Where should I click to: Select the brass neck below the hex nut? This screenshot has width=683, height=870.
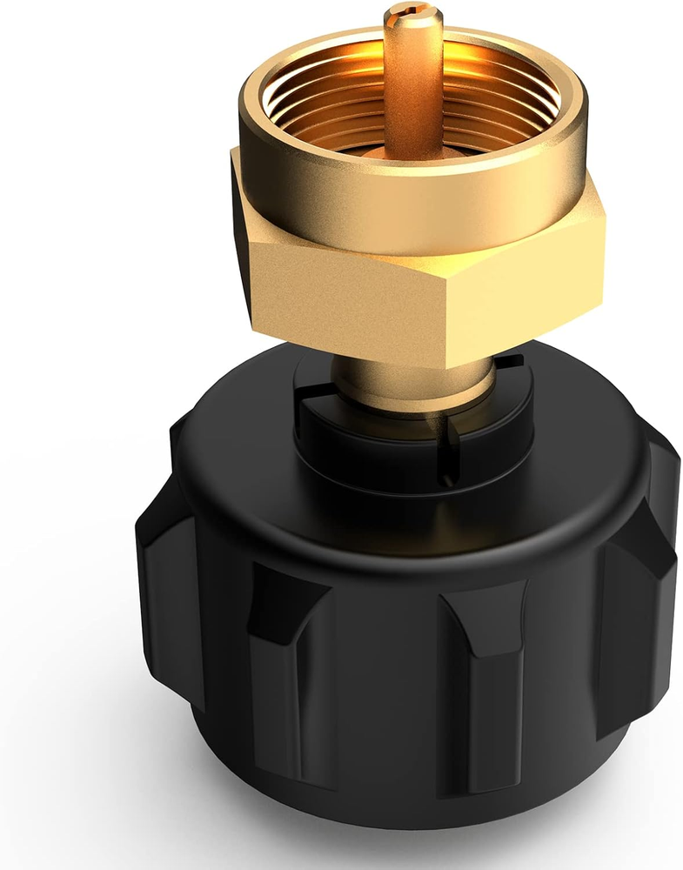(409, 383)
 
